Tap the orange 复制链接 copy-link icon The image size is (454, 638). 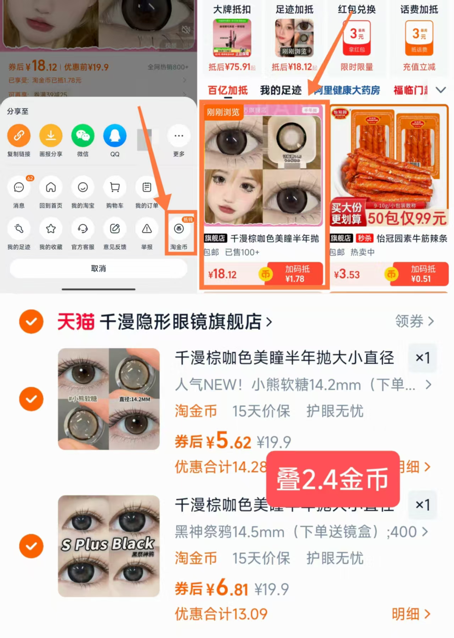19,135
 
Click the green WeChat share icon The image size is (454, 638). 83,135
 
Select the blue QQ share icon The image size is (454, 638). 115,135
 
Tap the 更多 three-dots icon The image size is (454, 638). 179,135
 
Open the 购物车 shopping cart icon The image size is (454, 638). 115,187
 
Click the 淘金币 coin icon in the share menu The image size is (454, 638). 179,229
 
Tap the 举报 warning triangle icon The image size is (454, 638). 147,229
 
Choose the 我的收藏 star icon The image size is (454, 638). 51,229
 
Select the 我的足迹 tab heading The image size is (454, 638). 281,90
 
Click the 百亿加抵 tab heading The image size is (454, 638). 228,90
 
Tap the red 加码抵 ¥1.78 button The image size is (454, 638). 295,274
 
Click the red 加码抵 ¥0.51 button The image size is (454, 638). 421,274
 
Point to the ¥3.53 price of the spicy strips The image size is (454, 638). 347,274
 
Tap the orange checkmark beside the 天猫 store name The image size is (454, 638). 31,322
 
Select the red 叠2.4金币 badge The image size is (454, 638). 333,479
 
